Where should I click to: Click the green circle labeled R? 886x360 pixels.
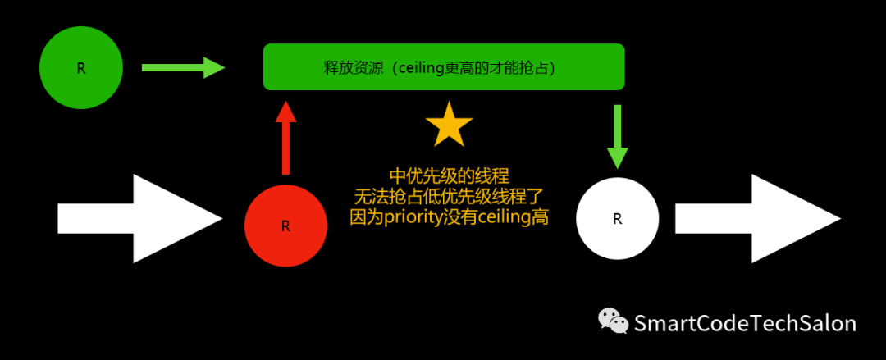coord(80,67)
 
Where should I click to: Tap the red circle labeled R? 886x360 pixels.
coord(285,226)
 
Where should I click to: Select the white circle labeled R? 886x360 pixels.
coord(617,218)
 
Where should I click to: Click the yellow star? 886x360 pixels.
coord(449,126)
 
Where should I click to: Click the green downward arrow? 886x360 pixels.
coord(617,136)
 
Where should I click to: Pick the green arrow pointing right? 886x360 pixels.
coord(183,67)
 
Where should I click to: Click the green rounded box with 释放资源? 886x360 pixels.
coord(444,66)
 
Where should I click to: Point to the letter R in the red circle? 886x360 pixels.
coord(285,226)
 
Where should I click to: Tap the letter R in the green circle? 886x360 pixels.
coord(80,68)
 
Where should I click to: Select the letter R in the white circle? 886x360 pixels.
coord(617,219)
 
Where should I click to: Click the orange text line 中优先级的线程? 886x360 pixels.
coord(449,176)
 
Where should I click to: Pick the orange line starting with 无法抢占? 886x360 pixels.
coord(449,197)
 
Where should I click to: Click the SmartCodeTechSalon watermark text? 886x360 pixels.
coord(745,323)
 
